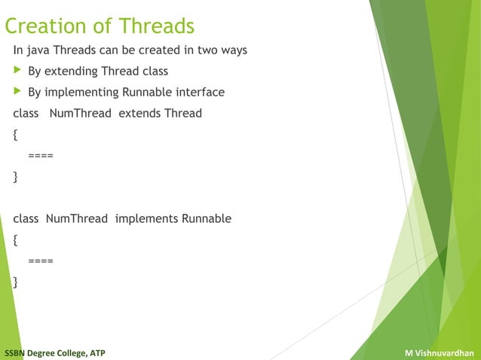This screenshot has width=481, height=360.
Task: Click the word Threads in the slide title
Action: click(x=156, y=26)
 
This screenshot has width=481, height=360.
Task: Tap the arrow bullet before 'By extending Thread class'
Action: click(x=17, y=72)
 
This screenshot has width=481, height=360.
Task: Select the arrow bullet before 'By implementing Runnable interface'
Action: click(x=17, y=93)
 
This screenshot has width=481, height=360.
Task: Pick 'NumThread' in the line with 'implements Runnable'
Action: click(x=77, y=219)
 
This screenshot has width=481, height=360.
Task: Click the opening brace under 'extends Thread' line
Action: click(x=16, y=136)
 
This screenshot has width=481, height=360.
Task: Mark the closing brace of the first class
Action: click(x=16, y=178)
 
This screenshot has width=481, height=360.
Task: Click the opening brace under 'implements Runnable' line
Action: click(x=16, y=241)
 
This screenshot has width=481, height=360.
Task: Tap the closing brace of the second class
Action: click(x=16, y=283)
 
